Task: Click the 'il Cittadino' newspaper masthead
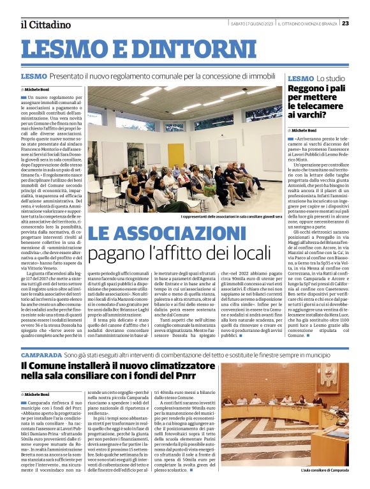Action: (x=45, y=24)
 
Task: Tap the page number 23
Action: (x=362, y=23)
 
